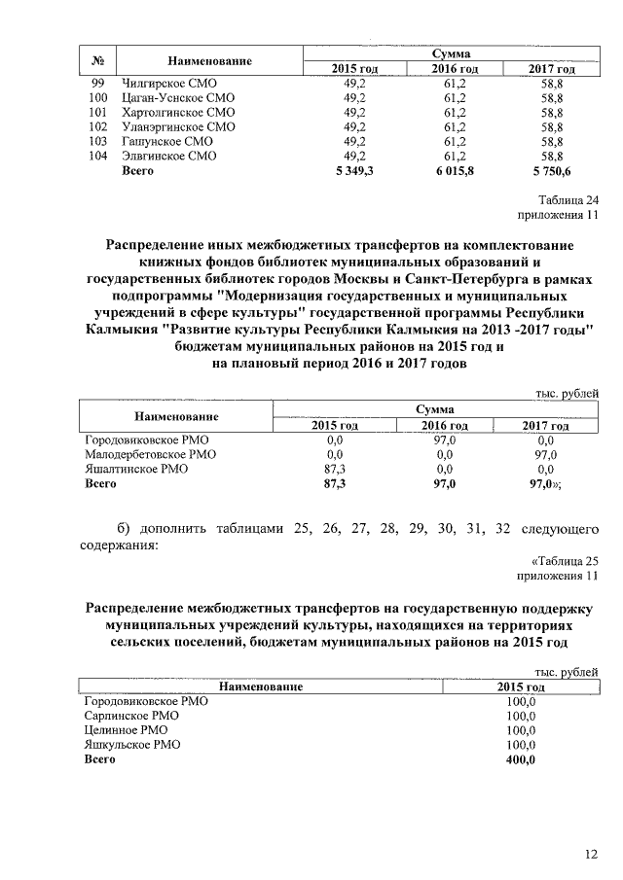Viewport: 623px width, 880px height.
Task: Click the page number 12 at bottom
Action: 591,854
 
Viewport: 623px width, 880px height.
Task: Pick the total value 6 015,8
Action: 455,171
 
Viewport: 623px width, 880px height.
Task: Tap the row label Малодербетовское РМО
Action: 150,454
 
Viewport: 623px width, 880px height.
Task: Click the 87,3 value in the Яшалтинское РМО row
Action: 335,469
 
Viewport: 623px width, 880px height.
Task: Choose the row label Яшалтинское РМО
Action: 135,469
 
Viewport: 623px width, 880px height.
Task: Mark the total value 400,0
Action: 522,758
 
